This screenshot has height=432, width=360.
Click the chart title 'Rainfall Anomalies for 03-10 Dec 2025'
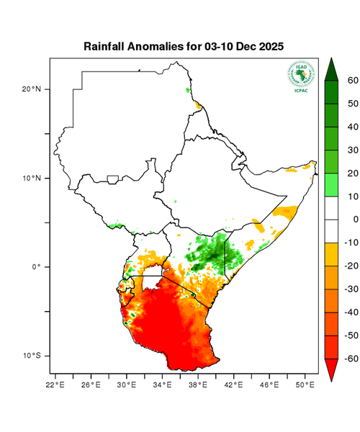click(x=184, y=46)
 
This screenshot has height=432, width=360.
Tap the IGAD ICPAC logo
click(x=301, y=75)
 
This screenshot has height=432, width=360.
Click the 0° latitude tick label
click(x=35, y=266)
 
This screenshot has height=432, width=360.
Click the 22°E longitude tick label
click(x=55, y=384)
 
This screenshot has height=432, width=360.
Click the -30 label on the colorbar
click(x=351, y=289)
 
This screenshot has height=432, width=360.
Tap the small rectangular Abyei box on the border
click(x=113, y=179)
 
